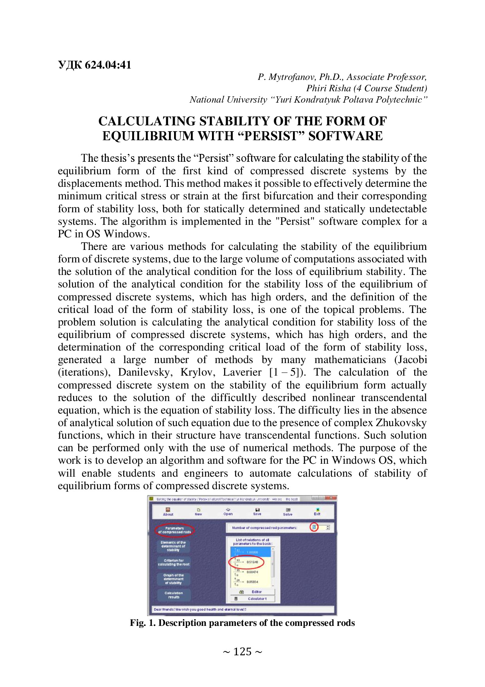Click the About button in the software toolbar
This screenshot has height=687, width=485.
[x=168, y=512]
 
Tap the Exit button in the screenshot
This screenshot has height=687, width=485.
[x=317, y=512]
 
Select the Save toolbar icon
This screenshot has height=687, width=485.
[x=257, y=512]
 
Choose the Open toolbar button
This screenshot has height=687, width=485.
[x=228, y=512]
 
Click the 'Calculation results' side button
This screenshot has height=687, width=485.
[x=174, y=595]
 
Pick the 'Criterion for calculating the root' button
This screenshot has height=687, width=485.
[x=174, y=562]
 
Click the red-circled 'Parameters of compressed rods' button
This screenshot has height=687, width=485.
[x=174, y=530]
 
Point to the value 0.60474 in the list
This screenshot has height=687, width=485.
[x=252, y=572]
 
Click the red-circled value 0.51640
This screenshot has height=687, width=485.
[x=252, y=562]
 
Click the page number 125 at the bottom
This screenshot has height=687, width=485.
[x=242, y=652]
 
